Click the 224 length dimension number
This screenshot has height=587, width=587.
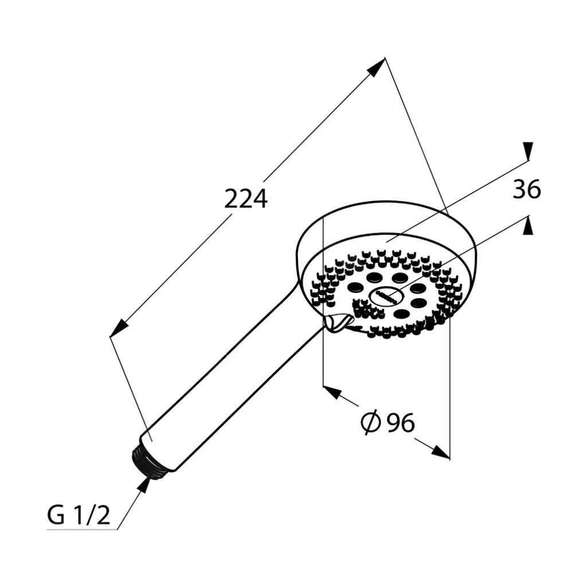245,199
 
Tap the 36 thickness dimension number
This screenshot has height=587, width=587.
527,189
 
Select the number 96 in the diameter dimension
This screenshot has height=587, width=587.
401,422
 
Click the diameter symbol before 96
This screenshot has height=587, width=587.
371,422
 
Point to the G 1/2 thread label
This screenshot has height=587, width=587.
79,515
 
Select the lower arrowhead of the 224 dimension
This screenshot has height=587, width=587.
119,327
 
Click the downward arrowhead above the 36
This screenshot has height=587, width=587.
528,151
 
